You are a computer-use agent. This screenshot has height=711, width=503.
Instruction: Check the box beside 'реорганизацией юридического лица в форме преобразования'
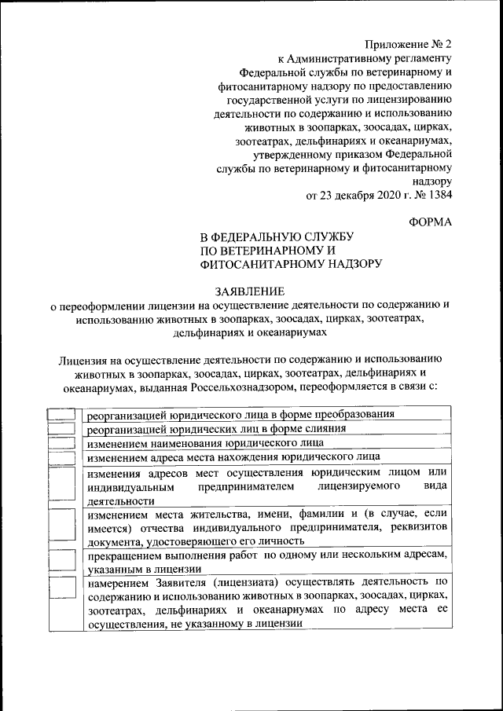pyautogui.click(x=62, y=414)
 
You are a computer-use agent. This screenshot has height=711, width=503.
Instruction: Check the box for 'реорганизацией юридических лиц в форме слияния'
pyautogui.click(x=62, y=429)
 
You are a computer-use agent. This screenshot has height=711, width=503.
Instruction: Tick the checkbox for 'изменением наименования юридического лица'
pyautogui.click(x=62, y=442)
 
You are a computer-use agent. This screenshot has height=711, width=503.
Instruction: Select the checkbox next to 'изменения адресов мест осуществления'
pyautogui.click(x=62, y=486)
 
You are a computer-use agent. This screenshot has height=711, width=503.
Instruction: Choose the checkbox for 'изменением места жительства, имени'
pyautogui.click(x=62, y=526)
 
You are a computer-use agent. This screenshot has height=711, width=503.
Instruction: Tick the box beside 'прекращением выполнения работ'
pyautogui.click(x=62, y=561)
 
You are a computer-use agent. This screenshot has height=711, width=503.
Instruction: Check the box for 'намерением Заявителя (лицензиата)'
pyautogui.click(x=62, y=603)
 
